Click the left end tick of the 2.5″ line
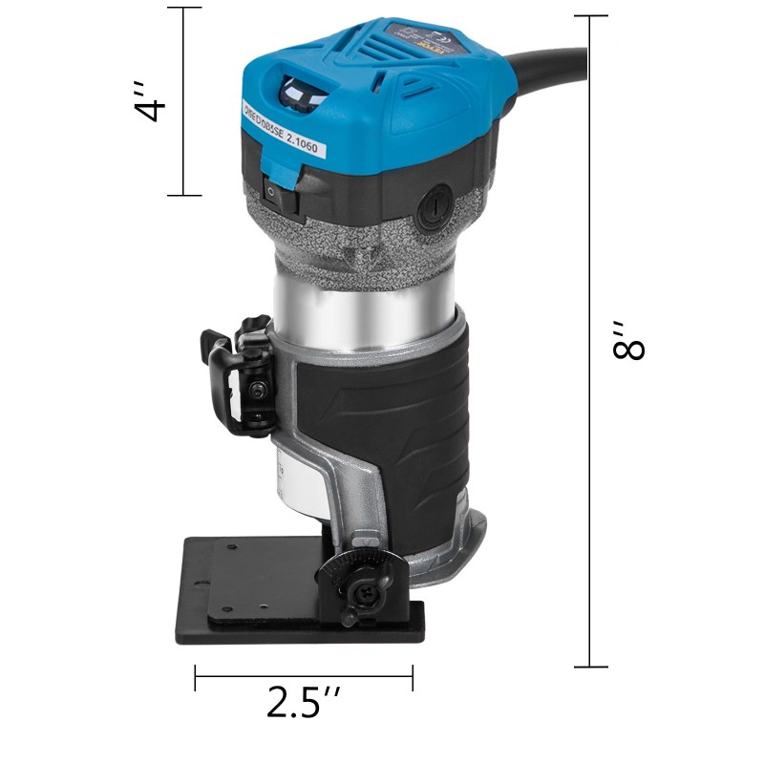[196, 678]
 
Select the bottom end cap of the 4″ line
[184, 196]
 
